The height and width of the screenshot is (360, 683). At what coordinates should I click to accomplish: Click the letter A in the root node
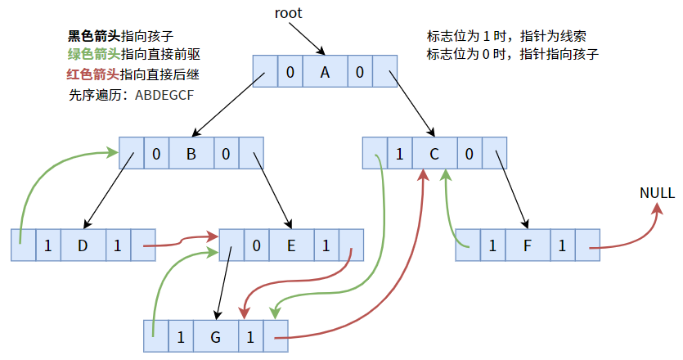(x=325, y=73)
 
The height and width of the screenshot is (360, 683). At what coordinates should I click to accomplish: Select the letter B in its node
(x=191, y=153)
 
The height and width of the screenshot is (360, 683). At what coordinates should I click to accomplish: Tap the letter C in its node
(x=434, y=153)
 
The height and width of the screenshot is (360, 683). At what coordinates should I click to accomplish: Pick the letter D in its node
(x=83, y=245)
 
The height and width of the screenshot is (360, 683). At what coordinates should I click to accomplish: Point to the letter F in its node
(x=527, y=245)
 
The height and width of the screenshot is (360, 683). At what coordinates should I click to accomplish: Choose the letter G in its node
(x=216, y=336)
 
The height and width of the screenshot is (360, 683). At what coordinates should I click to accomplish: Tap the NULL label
(x=658, y=194)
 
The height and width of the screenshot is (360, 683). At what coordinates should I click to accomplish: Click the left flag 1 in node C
(x=399, y=153)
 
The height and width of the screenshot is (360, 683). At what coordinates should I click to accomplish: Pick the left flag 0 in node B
(x=156, y=153)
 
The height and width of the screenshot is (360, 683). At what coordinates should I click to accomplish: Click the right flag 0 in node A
(x=360, y=73)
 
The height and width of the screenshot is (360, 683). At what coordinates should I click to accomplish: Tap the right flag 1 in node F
(x=562, y=245)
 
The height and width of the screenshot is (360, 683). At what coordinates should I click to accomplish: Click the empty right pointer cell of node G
(x=275, y=336)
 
